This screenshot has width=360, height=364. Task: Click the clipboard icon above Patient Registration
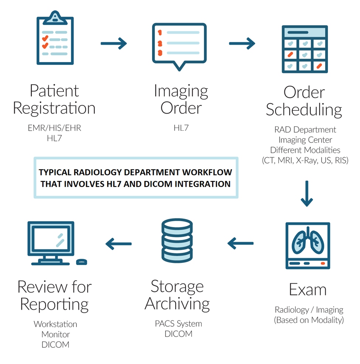click(x=55, y=38)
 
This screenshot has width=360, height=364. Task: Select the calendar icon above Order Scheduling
click(x=304, y=49)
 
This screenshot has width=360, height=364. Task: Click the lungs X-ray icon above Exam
click(x=308, y=245)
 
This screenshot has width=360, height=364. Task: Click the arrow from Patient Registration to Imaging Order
click(x=114, y=44)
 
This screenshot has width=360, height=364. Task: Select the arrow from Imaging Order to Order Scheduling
click(x=242, y=44)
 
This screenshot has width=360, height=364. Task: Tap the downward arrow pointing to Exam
click(x=307, y=193)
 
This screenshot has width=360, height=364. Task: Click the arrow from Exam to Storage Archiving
click(x=241, y=243)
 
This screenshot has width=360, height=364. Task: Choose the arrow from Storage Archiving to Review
click(x=119, y=243)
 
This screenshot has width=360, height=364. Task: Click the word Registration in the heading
click(x=54, y=109)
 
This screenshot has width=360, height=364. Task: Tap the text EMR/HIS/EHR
click(x=54, y=128)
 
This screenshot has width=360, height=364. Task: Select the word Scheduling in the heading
click(x=304, y=110)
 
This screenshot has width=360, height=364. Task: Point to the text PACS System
click(x=178, y=324)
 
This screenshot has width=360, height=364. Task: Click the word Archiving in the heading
click(x=177, y=304)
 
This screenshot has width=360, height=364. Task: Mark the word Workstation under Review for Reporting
click(x=55, y=324)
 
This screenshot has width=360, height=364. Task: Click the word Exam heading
click(x=308, y=290)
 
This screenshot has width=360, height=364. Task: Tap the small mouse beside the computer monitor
click(x=81, y=262)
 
